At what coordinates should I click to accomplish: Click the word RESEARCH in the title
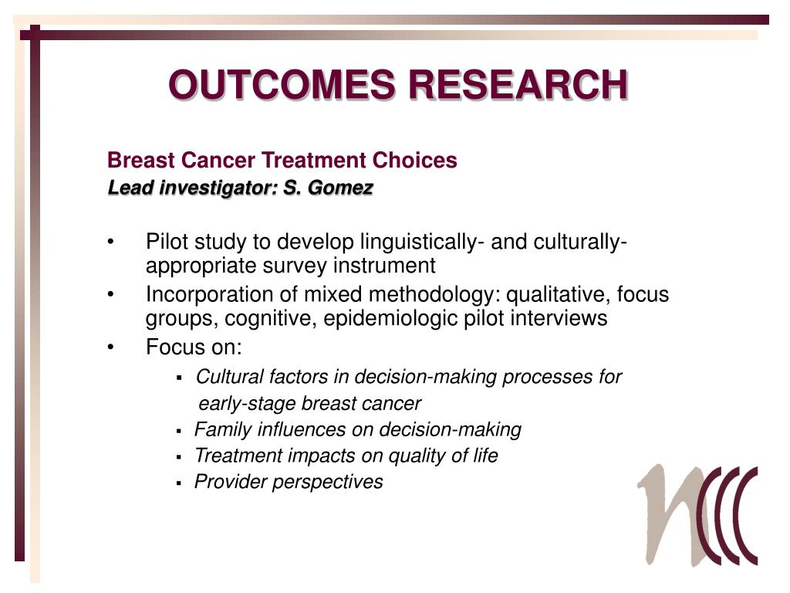(518, 85)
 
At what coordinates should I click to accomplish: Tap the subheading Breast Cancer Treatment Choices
(282, 161)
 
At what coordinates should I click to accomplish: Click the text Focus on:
(194, 347)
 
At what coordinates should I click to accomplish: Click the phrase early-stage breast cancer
(310, 404)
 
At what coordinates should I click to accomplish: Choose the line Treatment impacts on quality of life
(346, 456)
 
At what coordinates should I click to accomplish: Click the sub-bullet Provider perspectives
(289, 482)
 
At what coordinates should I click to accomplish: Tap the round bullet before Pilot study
(113, 242)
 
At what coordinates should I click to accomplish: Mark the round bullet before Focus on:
(113, 347)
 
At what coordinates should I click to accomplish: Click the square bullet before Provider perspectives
(179, 483)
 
